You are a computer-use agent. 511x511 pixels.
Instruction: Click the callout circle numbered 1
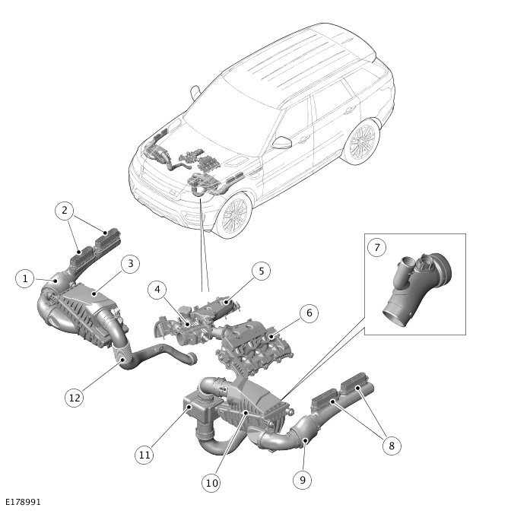(x=25, y=278)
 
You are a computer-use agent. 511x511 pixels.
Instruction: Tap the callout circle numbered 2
(x=65, y=211)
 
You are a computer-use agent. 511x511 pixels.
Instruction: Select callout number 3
(x=130, y=264)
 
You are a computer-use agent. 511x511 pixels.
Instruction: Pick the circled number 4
(x=157, y=290)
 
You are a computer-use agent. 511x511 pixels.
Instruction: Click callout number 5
(x=262, y=271)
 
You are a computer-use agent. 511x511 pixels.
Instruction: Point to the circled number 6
(x=309, y=313)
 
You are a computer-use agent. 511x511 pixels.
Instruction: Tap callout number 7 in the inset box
(x=376, y=248)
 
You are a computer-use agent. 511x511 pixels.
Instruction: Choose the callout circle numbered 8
(x=392, y=446)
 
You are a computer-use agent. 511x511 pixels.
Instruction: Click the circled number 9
(x=303, y=480)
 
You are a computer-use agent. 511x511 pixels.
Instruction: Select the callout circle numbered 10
(x=211, y=483)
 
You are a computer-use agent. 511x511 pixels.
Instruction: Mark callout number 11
(x=144, y=455)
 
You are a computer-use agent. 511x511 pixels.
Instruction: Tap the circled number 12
(x=75, y=398)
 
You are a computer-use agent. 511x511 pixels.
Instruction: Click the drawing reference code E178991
(x=23, y=502)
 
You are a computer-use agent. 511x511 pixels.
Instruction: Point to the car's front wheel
(x=233, y=214)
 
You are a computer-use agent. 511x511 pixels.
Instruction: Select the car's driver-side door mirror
(x=281, y=143)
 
